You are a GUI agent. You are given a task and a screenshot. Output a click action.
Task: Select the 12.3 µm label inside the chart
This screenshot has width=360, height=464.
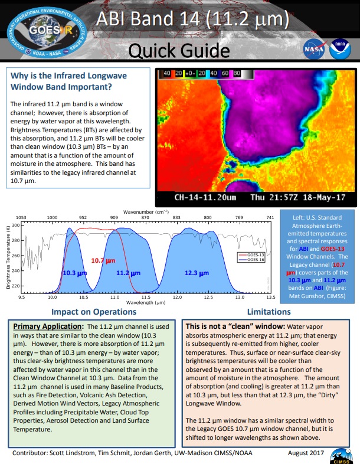click(196, 273)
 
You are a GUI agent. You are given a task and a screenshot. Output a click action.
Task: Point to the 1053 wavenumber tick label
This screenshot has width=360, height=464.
click(20, 217)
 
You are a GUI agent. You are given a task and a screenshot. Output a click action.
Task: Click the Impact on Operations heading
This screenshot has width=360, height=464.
click(94, 312)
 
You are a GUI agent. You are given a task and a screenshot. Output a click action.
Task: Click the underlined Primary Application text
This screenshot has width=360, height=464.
click(48, 326)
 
